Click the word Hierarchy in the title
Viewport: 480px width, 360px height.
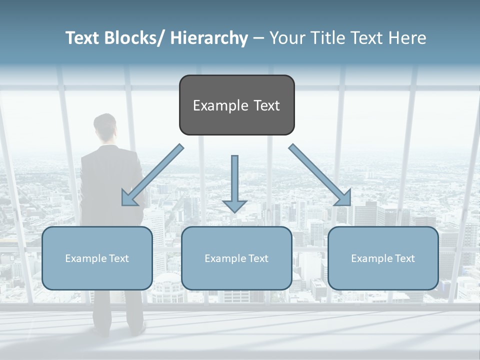(x=209, y=38)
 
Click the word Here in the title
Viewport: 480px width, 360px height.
(x=408, y=38)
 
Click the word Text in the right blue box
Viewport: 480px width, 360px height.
(x=405, y=258)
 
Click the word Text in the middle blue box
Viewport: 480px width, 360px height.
(x=258, y=258)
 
